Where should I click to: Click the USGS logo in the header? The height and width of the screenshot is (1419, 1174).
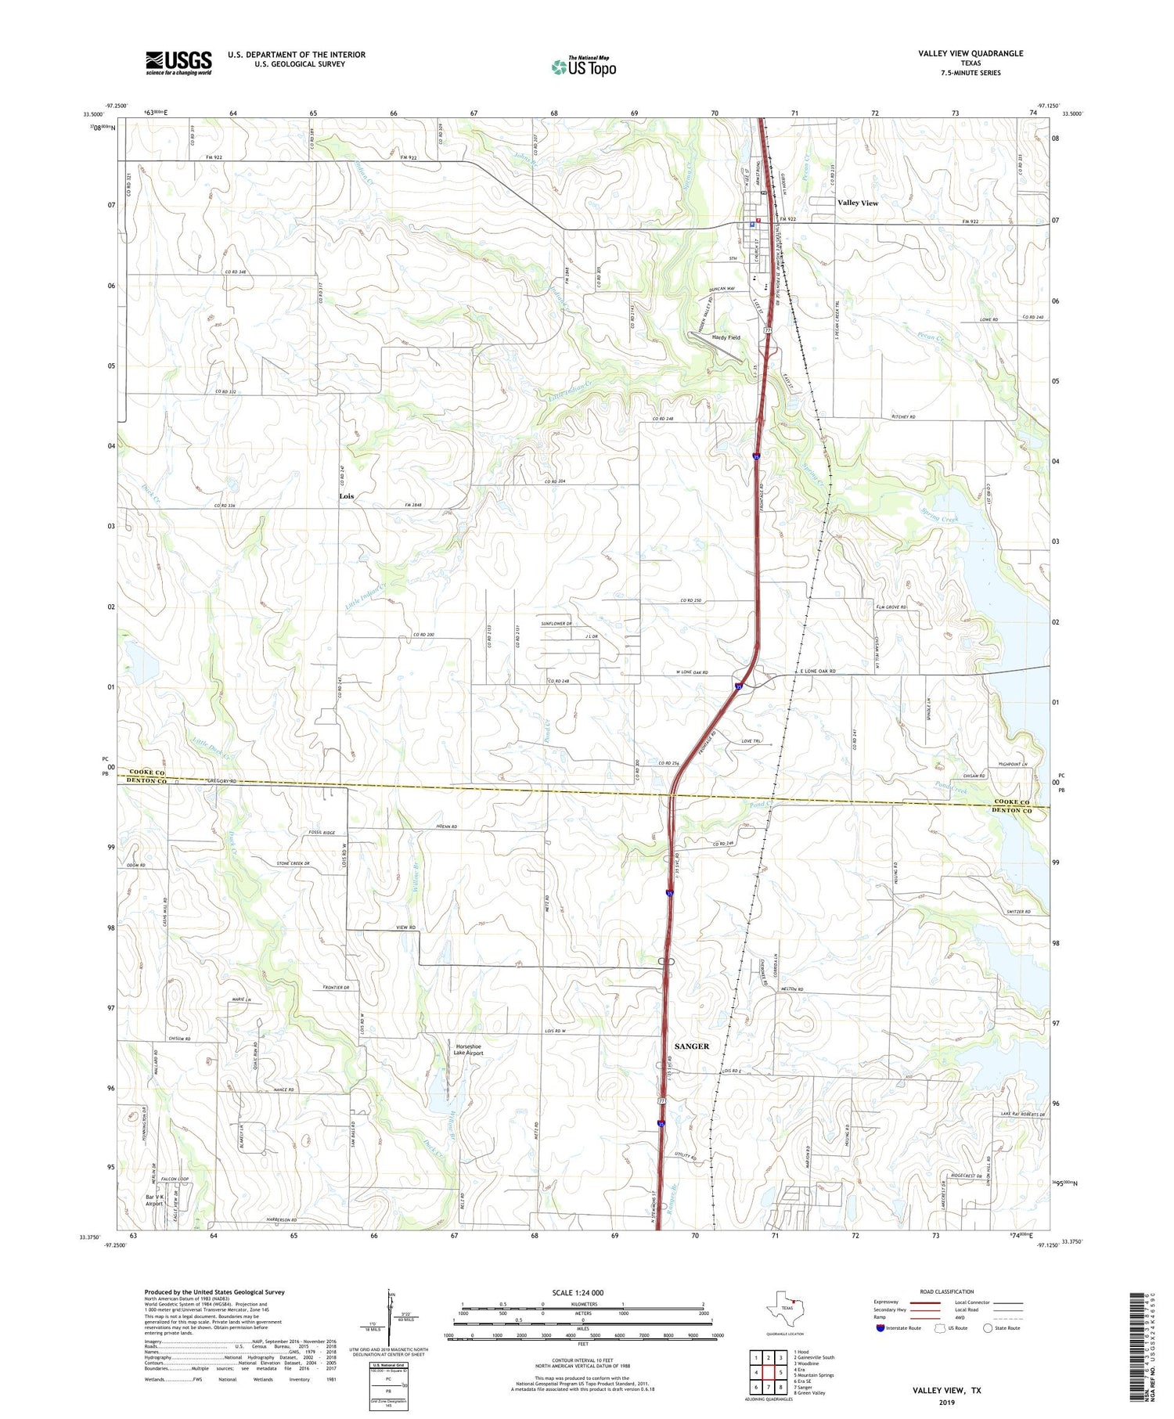point(178,63)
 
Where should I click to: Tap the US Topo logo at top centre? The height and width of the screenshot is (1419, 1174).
point(584,67)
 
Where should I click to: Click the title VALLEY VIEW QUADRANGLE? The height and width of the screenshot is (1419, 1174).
point(971,53)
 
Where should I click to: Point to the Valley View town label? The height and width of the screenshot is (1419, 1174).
point(857,203)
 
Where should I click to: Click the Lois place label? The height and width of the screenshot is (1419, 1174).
point(346,496)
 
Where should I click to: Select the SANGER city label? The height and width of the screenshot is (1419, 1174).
point(691,1046)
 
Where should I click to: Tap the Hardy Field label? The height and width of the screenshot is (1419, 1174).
point(726,337)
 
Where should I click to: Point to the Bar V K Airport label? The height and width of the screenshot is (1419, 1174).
point(153,1201)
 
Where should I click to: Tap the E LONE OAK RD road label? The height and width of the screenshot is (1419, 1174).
point(818,672)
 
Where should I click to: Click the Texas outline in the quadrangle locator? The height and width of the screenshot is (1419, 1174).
point(785,1308)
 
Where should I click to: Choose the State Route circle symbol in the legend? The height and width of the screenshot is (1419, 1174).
point(988,1327)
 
